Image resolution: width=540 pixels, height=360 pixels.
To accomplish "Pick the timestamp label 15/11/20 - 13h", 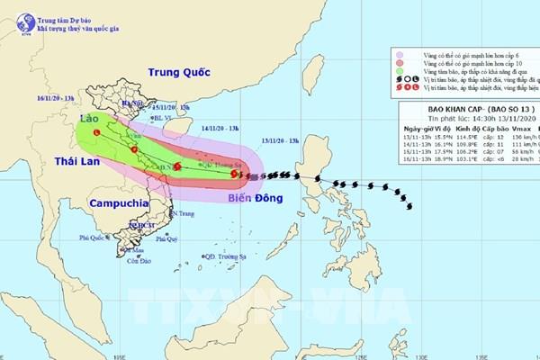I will click(x=161, y=105).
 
